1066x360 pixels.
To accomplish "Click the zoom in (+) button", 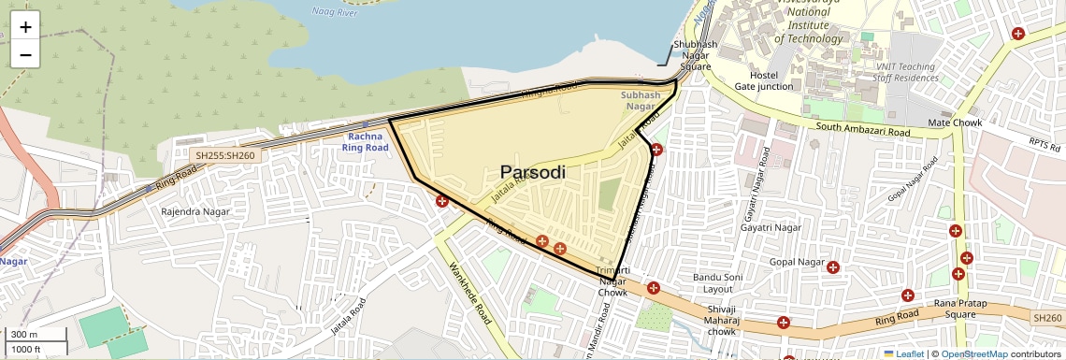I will click(25, 27).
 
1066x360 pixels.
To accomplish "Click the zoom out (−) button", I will click(25, 54).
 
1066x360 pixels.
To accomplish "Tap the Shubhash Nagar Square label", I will click(696, 55).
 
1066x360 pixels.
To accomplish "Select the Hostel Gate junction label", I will click(763, 80).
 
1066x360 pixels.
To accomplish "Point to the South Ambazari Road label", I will click(862, 132).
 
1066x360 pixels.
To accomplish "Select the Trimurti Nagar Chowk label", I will click(612, 281).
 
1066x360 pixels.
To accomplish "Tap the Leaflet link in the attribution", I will click(902, 353).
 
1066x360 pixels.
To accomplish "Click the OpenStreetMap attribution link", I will click(973, 353).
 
